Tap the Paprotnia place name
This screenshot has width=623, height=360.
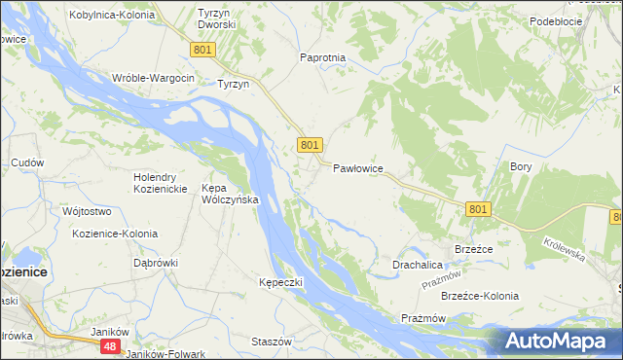pyautogui.click(x=323, y=57)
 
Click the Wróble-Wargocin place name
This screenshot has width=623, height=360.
pyautogui.click(x=154, y=78)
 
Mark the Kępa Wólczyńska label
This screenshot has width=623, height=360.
pyautogui.click(x=229, y=194)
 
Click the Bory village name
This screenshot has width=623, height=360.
pyautogui.click(x=521, y=166)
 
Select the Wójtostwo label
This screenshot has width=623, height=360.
pyautogui.click(x=87, y=211)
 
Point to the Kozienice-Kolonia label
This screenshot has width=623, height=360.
pyautogui.click(x=115, y=234)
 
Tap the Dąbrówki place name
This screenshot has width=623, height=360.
pyautogui.click(x=156, y=262)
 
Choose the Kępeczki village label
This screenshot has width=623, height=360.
pyautogui.click(x=281, y=282)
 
